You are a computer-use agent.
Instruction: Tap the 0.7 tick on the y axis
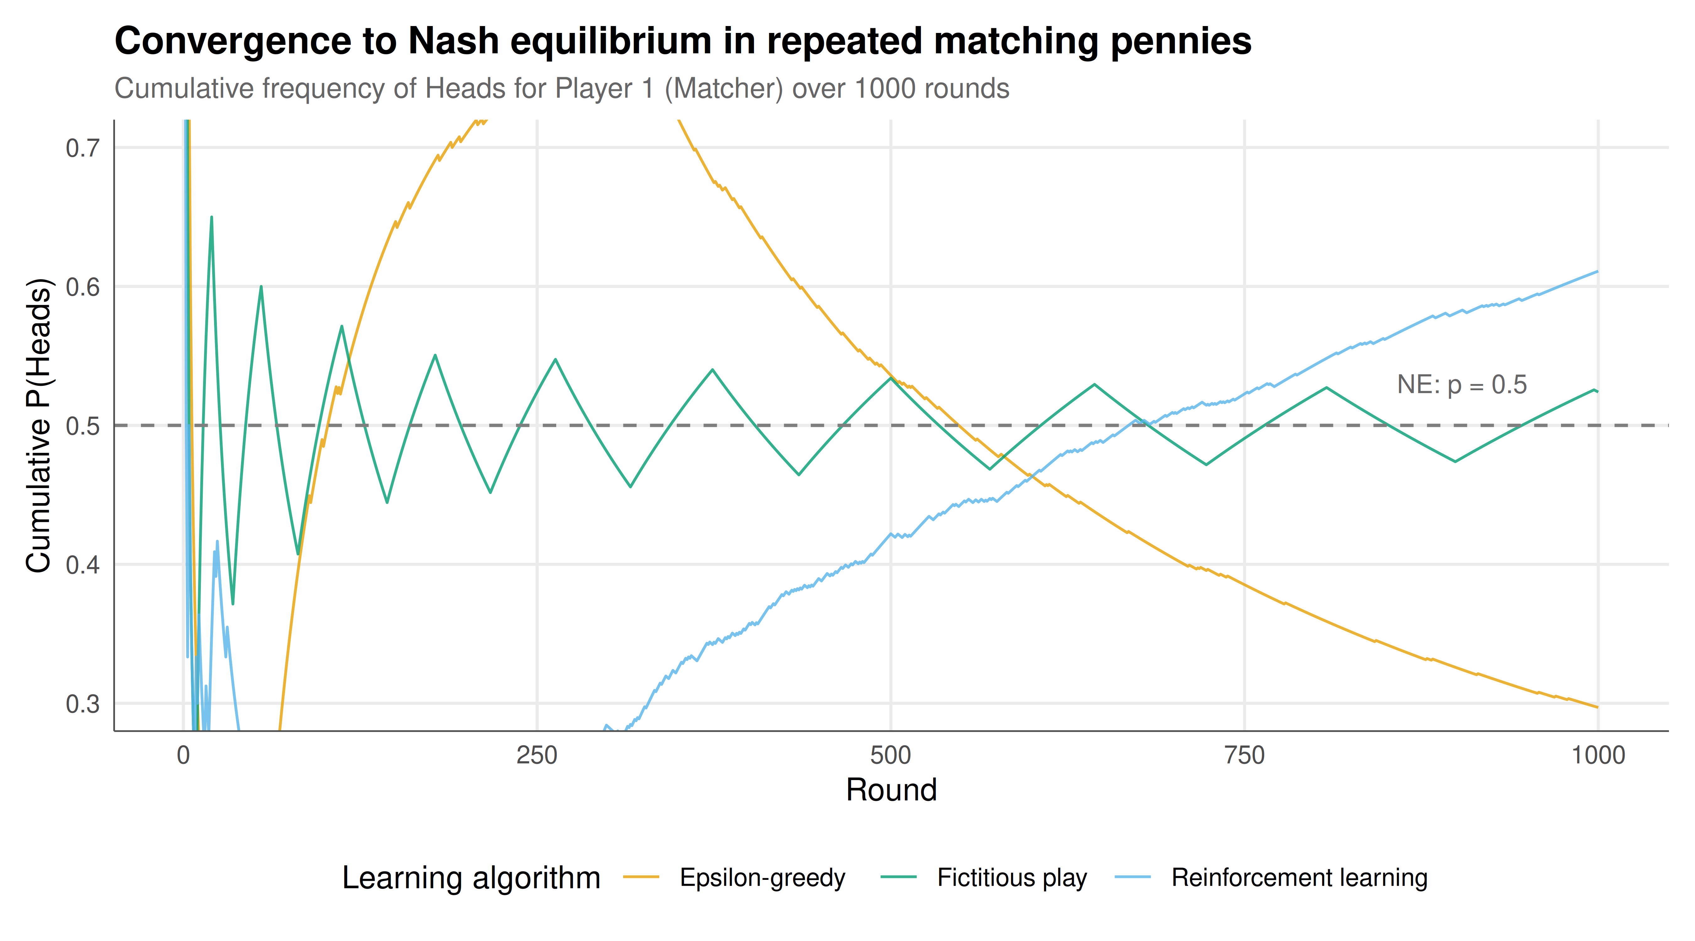tap(83, 148)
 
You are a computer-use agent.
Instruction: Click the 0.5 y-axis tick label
tap(83, 426)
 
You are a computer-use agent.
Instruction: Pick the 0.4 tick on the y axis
tap(83, 565)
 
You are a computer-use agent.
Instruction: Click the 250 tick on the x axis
tap(537, 756)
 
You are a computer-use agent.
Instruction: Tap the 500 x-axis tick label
tap(891, 756)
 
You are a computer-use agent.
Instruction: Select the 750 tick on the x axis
tap(1244, 756)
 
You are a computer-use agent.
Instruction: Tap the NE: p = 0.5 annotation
tap(1462, 385)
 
